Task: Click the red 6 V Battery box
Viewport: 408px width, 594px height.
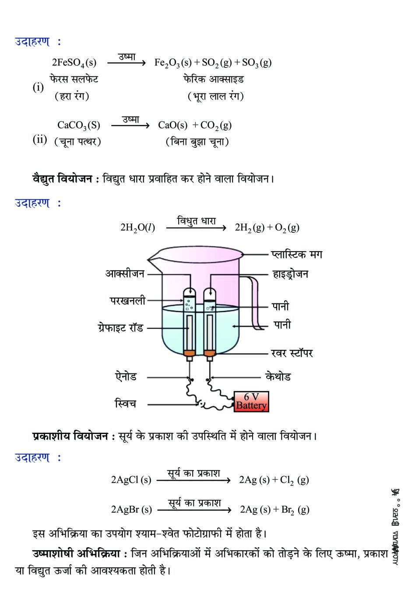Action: click(x=251, y=401)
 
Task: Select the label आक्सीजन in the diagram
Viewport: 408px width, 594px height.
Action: click(x=125, y=274)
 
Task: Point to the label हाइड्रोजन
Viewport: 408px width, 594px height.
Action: click(x=290, y=274)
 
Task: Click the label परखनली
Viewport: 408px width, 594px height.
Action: click(x=127, y=301)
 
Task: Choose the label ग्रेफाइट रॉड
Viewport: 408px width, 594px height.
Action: click(x=121, y=327)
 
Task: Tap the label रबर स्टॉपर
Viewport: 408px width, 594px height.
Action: click(x=292, y=353)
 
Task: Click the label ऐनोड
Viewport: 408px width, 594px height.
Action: click(x=126, y=377)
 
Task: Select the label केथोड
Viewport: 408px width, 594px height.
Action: click(x=278, y=377)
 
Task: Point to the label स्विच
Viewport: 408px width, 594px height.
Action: click(x=125, y=403)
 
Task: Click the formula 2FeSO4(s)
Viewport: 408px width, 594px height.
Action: click(x=74, y=63)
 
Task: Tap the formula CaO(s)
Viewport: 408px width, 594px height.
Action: click(x=172, y=125)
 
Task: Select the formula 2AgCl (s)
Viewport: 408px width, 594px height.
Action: click(x=131, y=480)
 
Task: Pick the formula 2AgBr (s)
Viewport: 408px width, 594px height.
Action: click(x=131, y=509)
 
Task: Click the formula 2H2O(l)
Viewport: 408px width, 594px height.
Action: click(x=137, y=228)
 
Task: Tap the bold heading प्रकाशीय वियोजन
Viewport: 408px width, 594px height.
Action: click(x=70, y=436)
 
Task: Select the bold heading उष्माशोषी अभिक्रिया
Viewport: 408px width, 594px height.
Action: click(x=76, y=554)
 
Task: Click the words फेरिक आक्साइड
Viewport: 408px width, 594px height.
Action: click(x=213, y=79)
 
